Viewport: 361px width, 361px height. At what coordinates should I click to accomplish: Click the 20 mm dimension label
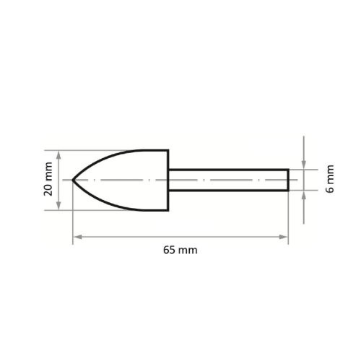pyautogui.click(x=48, y=179)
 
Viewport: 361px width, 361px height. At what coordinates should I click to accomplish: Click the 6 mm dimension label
pyautogui.click(x=330, y=179)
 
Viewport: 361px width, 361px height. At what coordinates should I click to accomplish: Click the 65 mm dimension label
pyautogui.click(x=180, y=250)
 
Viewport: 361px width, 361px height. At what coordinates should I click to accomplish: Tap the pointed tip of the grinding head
pyautogui.click(x=73, y=180)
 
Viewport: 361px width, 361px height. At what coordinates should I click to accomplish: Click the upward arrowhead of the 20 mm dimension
pyautogui.click(x=58, y=155)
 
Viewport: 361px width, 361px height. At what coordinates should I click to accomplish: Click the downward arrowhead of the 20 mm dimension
pyautogui.click(x=58, y=205)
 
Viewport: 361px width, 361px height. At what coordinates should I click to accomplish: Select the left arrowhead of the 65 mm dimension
pyautogui.click(x=77, y=237)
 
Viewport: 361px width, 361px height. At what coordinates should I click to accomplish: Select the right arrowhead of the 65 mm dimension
pyautogui.click(x=284, y=237)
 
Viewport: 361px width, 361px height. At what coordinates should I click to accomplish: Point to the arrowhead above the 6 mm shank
pyautogui.click(x=304, y=165)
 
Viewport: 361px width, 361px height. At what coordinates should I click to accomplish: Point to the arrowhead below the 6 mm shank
pyautogui.click(x=304, y=195)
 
